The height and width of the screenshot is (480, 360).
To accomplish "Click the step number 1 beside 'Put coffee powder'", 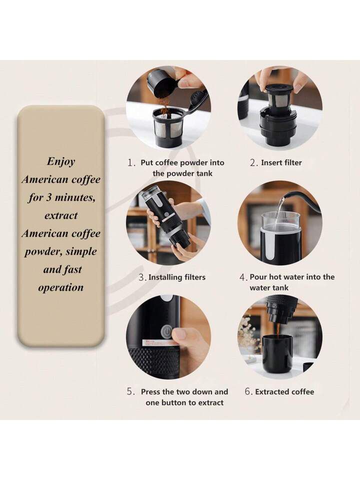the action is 131,163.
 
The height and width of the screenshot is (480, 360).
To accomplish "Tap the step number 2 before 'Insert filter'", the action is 253,163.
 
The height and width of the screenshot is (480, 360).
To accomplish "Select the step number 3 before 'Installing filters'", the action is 142,277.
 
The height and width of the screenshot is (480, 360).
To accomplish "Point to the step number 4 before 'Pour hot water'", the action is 243,277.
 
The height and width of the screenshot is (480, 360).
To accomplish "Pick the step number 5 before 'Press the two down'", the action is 131,392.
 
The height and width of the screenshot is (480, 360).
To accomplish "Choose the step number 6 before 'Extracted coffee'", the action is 248,392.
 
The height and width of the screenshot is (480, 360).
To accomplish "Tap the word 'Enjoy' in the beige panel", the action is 61,161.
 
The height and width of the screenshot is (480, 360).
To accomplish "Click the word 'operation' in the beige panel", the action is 61,288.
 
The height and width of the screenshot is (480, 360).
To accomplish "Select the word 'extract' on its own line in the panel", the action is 61,215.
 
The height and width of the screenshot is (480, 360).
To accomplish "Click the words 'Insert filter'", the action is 281,163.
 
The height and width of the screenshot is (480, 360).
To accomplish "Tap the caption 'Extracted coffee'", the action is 284,392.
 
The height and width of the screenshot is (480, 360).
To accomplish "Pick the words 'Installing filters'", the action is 177,277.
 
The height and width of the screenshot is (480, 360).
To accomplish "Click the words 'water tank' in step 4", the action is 269,288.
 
